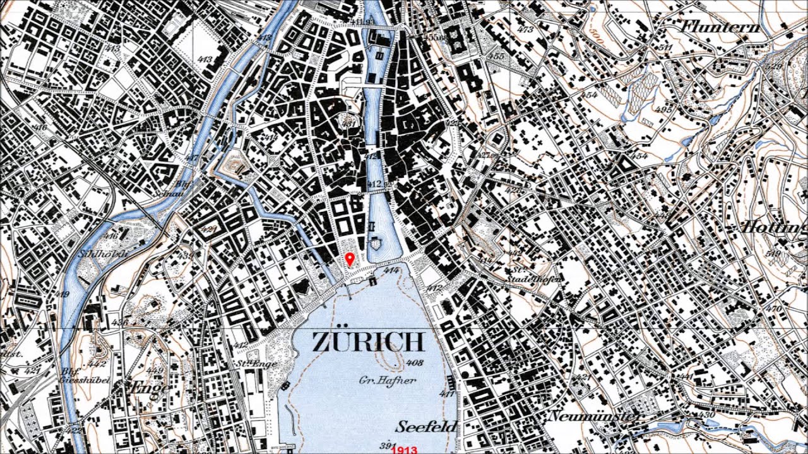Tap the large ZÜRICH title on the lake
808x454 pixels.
pos(368,342)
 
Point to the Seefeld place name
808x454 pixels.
pos(427,426)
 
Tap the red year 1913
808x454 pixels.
pos(405,450)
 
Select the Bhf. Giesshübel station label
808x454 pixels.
pos(85,376)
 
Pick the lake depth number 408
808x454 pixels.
pos(415,363)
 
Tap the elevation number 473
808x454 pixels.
pos(525,30)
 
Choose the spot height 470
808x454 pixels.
pos(774,308)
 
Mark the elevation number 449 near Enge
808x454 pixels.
pos(155,370)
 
